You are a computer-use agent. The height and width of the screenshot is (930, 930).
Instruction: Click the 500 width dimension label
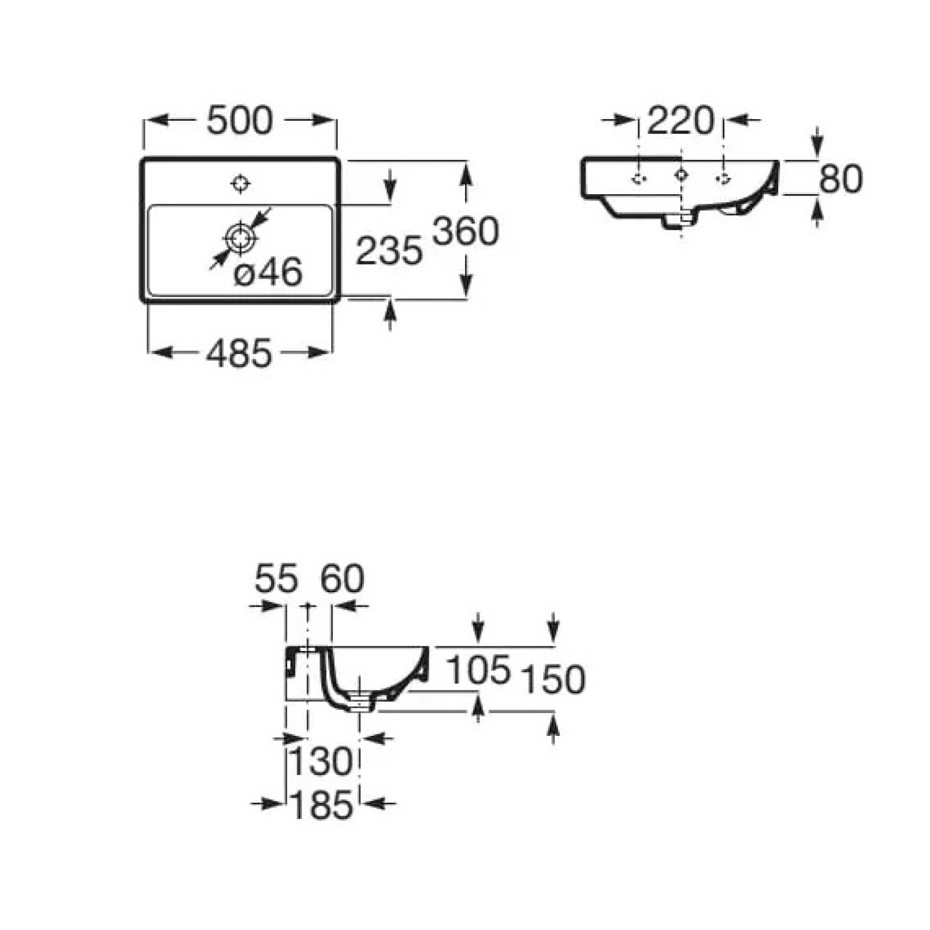[x=239, y=121]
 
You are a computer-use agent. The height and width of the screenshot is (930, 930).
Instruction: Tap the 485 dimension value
[x=239, y=353]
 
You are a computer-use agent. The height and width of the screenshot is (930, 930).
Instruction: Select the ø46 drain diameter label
[x=268, y=272]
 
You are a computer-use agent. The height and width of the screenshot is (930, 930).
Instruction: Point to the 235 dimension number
[x=389, y=251]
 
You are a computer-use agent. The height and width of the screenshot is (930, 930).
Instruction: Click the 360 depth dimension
[x=466, y=231]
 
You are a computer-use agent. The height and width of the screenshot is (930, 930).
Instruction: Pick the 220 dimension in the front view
[x=680, y=121]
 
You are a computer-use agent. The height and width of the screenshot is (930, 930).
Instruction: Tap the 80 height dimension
[x=840, y=178]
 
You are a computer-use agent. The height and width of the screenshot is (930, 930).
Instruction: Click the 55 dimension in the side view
[x=276, y=579]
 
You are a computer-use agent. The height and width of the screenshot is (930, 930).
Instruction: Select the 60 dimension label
[x=343, y=579]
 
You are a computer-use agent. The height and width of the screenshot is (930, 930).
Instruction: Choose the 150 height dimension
[x=553, y=679]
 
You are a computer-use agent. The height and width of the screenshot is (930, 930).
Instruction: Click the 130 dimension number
[x=321, y=762]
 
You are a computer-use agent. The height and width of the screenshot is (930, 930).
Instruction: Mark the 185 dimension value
[x=321, y=806]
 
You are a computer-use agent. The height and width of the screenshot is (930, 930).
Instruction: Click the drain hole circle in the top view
[x=240, y=238]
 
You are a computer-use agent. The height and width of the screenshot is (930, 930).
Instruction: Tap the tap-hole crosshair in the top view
[x=240, y=184]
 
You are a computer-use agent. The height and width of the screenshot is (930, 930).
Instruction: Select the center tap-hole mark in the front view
[x=681, y=174]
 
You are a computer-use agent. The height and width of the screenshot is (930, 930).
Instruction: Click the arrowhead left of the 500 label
[x=156, y=120]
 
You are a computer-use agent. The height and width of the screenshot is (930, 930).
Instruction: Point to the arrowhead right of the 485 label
[x=320, y=352]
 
